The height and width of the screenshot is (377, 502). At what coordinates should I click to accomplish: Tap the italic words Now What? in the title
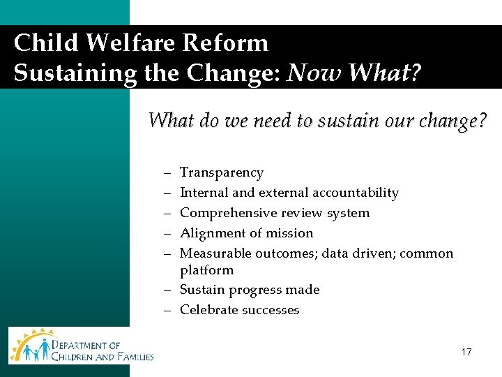click(354, 73)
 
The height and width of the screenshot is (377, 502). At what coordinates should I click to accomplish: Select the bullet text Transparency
click(222, 172)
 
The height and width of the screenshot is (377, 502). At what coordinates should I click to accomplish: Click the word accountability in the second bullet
click(356, 193)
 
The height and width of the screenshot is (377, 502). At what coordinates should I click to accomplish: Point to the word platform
click(206, 270)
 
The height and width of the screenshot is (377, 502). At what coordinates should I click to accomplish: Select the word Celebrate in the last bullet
click(208, 310)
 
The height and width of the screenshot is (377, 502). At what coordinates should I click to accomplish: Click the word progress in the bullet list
click(255, 290)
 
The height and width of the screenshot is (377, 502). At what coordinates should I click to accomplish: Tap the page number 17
click(466, 353)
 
